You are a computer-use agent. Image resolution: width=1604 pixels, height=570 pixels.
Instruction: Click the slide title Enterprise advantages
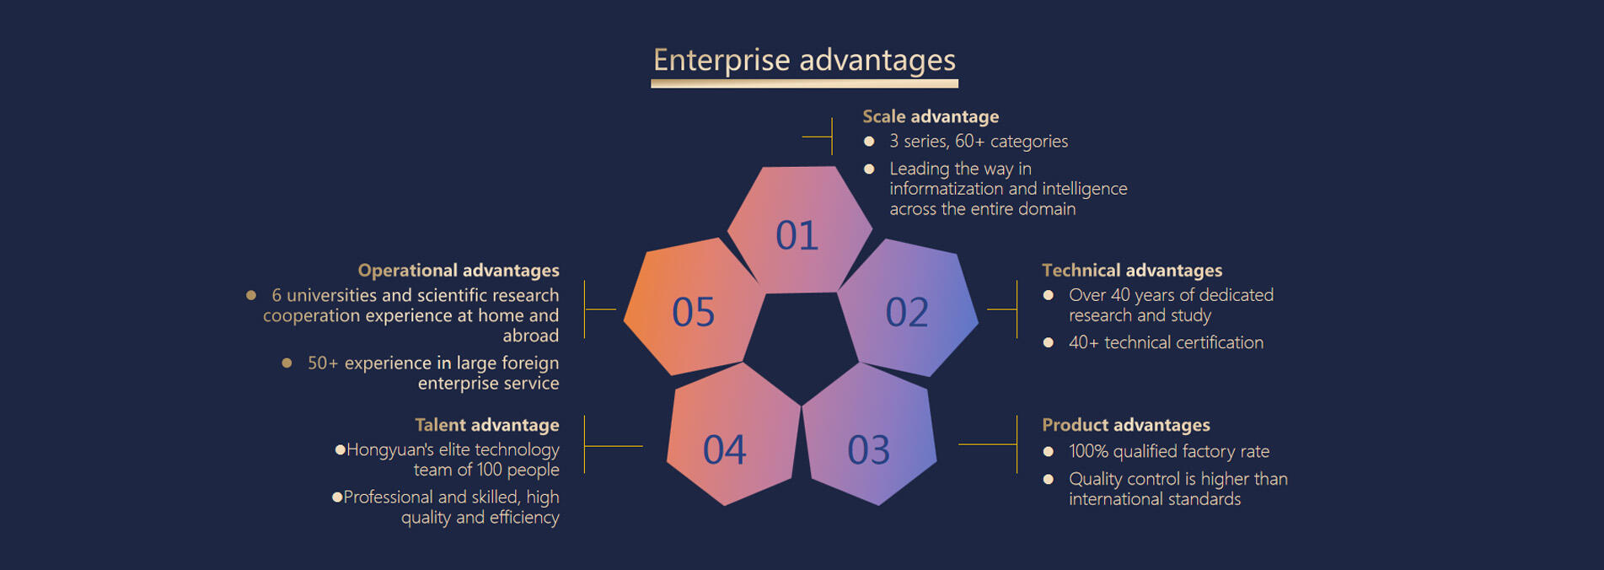click(x=804, y=61)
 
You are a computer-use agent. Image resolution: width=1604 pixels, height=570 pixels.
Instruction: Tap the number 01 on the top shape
click(x=797, y=235)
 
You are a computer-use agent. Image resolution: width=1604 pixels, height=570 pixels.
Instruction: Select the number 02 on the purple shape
click(x=907, y=312)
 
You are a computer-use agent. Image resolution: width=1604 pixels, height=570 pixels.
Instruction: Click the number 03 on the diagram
click(x=868, y=450)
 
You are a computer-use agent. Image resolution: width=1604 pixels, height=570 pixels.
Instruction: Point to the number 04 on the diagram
click(x=725, y=450)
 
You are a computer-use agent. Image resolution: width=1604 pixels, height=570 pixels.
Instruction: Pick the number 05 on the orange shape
click(x=693, y=312)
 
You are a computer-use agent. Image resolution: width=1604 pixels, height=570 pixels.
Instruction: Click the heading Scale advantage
click(x=931, y=116)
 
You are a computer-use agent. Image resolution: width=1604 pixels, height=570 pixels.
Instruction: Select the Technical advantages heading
click(x=1132, y=270)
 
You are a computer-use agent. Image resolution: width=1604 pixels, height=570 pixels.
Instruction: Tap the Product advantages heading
click(x=1126, y=425)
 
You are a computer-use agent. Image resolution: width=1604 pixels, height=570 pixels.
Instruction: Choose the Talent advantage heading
click(x=487, y=425)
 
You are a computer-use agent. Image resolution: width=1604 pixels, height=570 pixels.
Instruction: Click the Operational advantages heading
click(x=459, y=270)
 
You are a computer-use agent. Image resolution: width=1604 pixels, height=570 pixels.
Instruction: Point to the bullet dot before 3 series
click(x=869, y=142)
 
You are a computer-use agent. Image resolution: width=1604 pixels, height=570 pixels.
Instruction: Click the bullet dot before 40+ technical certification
click(x=1049, y=342)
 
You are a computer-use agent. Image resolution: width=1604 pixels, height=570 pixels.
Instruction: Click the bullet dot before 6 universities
click(x=251, y=295)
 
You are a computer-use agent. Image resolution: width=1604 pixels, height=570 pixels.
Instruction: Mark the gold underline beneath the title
click(x=804, y=83)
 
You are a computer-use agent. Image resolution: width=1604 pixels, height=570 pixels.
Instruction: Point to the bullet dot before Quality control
click(x=1049, y=479)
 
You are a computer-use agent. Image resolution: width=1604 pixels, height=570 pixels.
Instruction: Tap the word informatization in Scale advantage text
click(x=947, y=189)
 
